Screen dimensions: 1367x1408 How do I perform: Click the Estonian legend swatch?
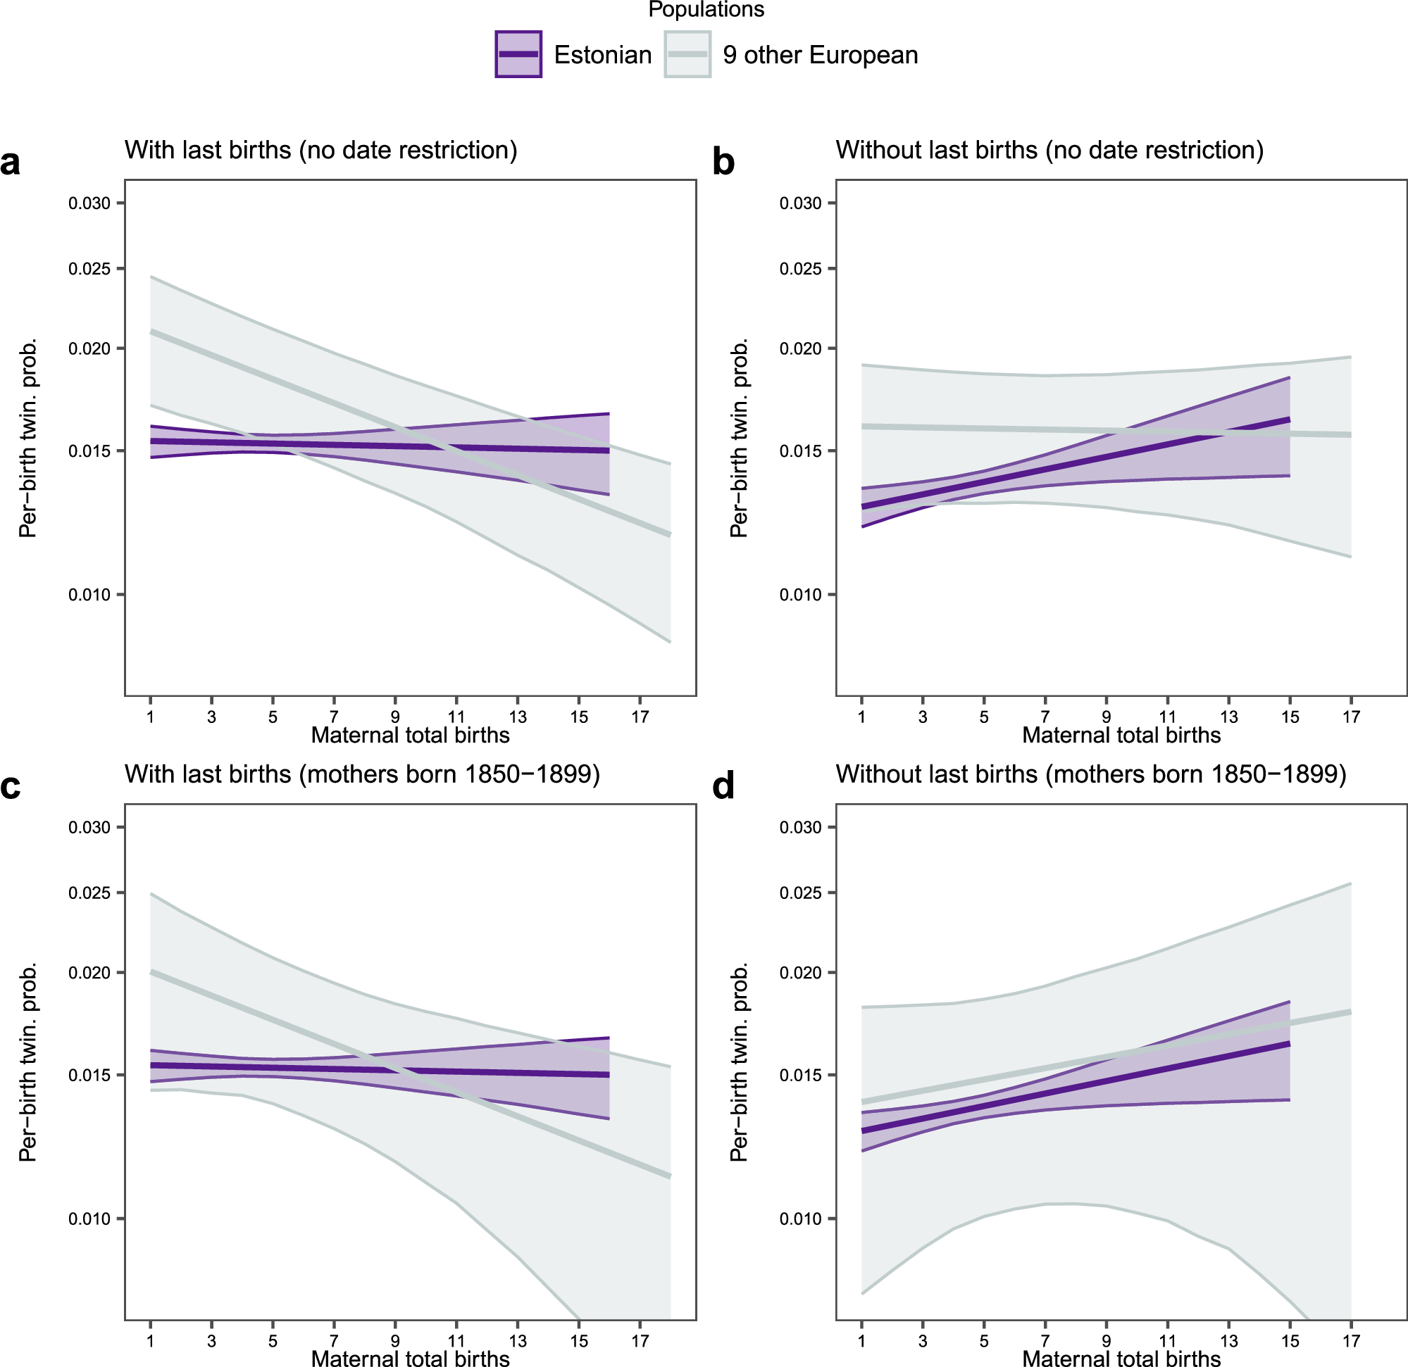click(x=518, y=55)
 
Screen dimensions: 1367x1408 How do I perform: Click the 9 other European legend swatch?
click(x=687, y=55)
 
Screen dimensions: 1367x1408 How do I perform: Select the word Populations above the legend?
click(x=706, y=9)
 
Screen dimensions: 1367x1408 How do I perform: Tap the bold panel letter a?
click(x=10, y=163)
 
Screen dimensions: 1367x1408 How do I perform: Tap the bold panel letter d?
click(x=723, y=787)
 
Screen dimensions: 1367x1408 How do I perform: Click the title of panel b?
click(x=1049, y=150)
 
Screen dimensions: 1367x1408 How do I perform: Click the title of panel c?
click(x=362, y=774)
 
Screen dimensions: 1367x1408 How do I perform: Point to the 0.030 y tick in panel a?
click(x=89, y=203)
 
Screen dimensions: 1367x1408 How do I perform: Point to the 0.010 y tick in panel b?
click(x=800, y=596)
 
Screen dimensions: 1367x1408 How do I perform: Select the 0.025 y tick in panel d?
click(x=800, y=893)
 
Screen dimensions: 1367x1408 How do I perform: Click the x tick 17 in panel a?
click(x=640, y=717)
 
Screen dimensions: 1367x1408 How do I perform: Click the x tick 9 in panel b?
click(x=1107, y=717)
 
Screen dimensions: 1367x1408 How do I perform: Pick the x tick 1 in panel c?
click(x=150, y=1340)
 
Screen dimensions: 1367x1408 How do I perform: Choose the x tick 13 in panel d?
click(x=1229, y=1340)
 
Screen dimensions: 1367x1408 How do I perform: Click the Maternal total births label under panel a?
click(x=410, y=735)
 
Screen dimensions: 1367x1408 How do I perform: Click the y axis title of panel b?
click(x=738, y=438)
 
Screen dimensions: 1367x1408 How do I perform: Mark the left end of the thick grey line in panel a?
click(x=151, y=332)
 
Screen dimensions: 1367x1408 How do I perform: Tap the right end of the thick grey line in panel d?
click(x=1350, y=1012)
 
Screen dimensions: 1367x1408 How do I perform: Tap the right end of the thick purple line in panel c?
click(x=608, y=1075)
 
